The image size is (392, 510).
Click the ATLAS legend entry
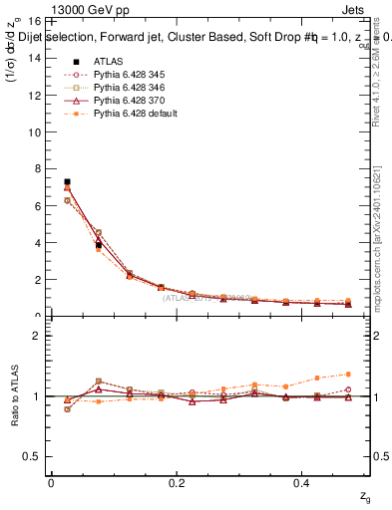point(108,61)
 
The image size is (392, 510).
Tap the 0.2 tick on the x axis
point(178,483)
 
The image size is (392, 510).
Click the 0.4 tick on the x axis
point(304,483)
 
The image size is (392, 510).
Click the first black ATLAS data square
point(67,182)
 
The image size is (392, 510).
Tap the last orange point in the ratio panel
point(347,374)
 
